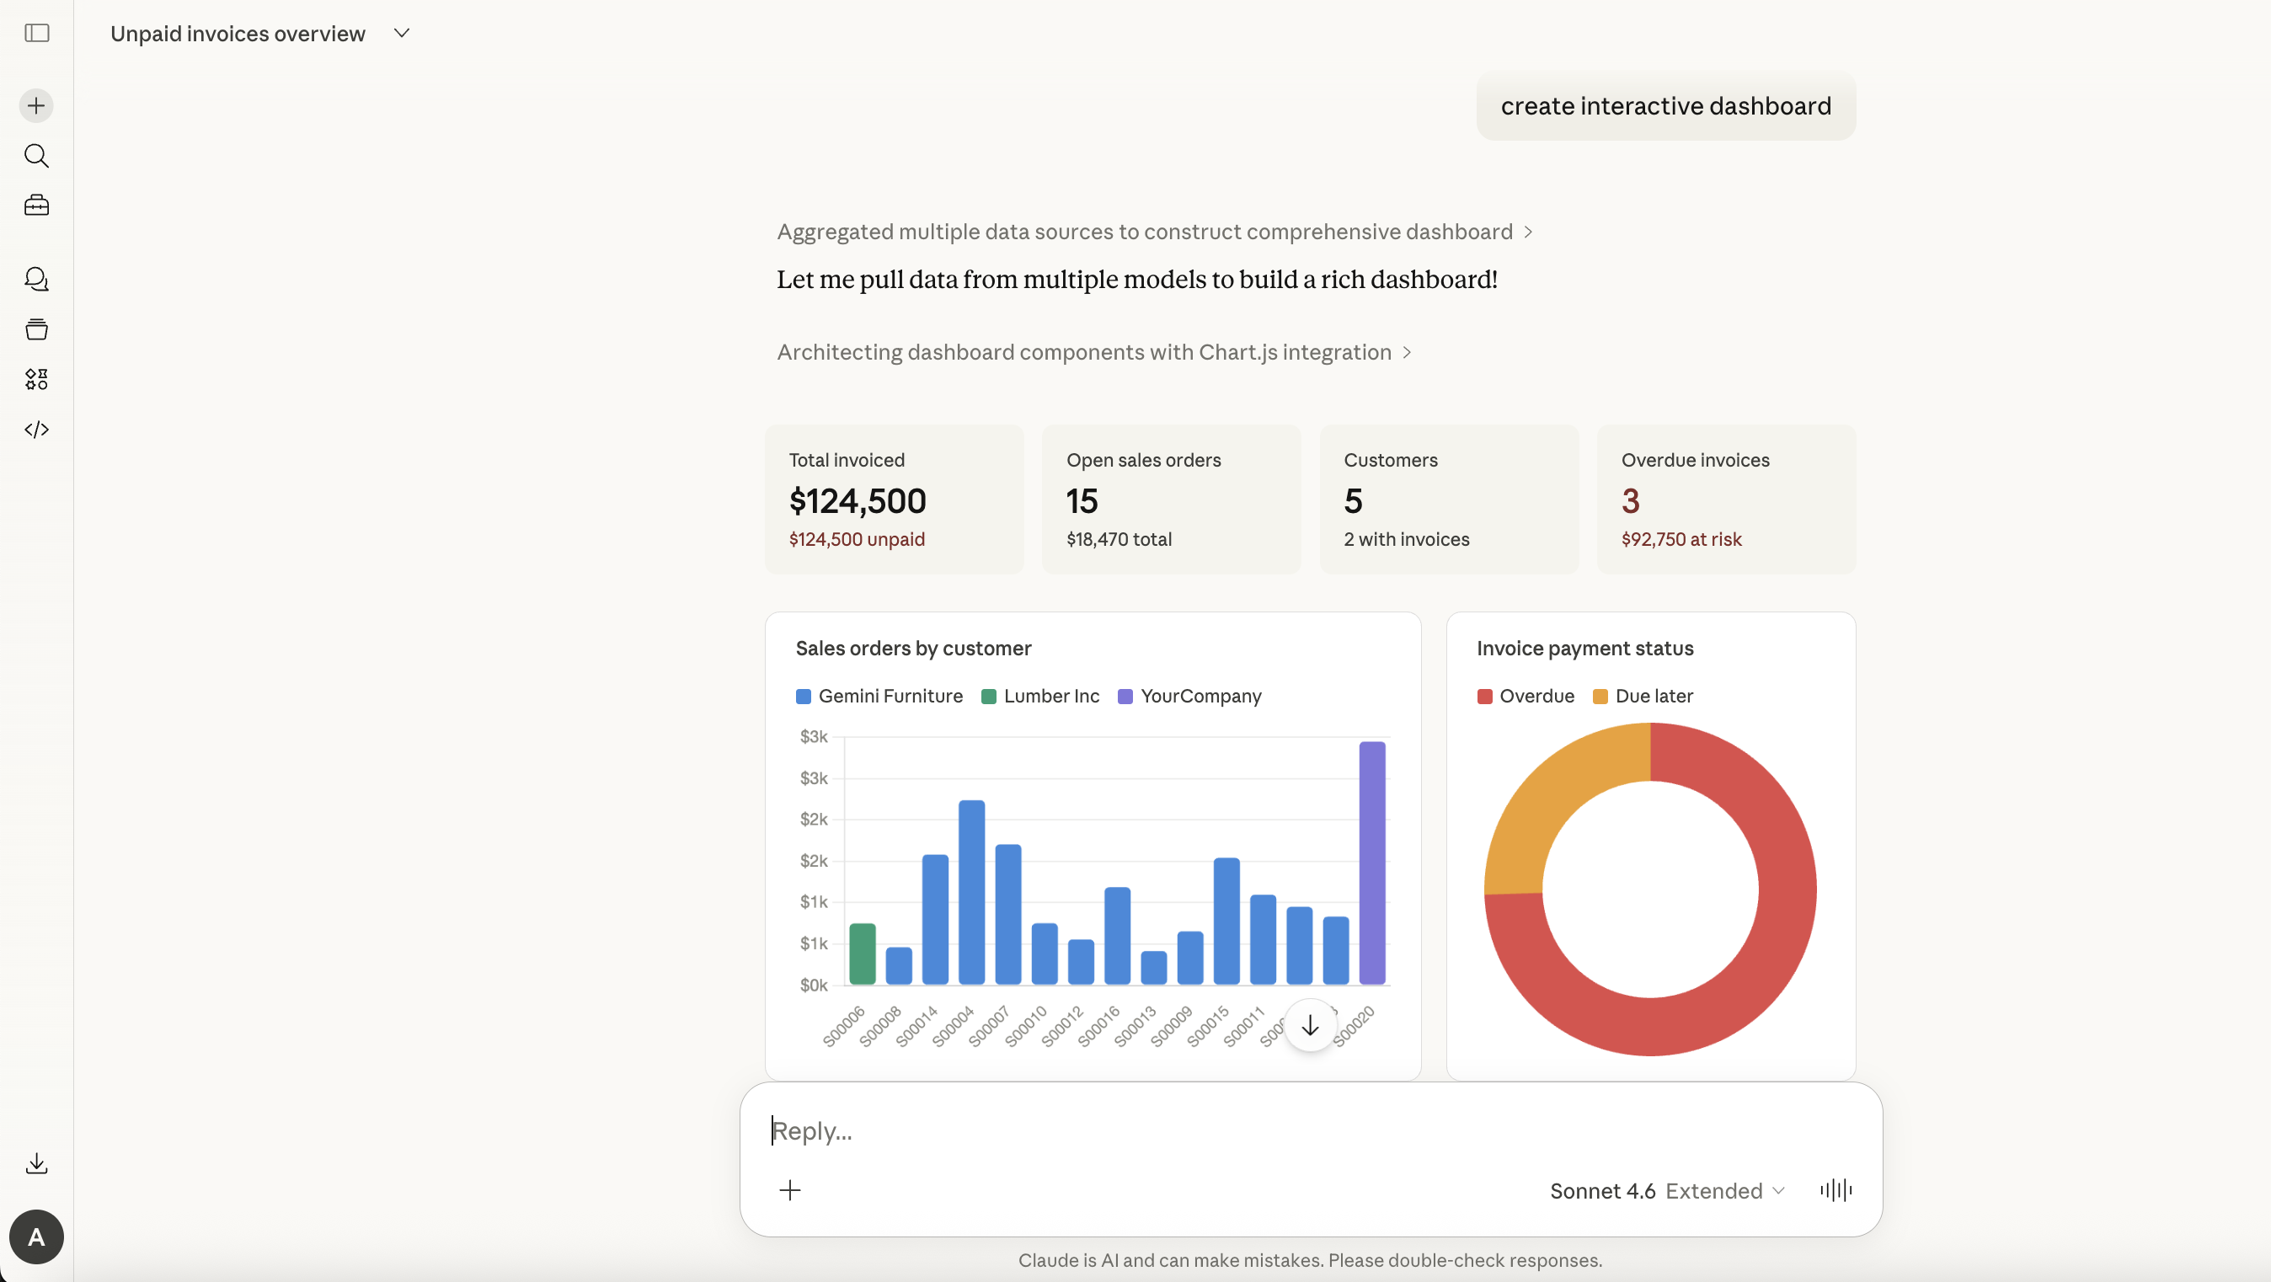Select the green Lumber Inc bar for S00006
coord(862,954)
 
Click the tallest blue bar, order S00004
coord(970,891)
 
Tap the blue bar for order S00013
coord(1153,967)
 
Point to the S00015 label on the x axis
coord(1207,1026)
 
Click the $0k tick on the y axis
coord(813,985)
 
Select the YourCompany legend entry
coord(1189,696)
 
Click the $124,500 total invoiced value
coord(857,501)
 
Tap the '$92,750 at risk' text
coord(1681,539)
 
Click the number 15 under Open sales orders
coord(1081,501)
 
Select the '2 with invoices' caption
coord(1405,539)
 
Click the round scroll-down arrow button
coord(1309,1025)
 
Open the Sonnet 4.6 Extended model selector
coord(1666,1190)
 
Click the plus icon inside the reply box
coord(789,1190)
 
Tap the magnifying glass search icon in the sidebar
coord(36,156)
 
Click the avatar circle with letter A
coord(36,1237)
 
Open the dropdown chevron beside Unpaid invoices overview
coord(401,34)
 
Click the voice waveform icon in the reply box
coord(1836,1190)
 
